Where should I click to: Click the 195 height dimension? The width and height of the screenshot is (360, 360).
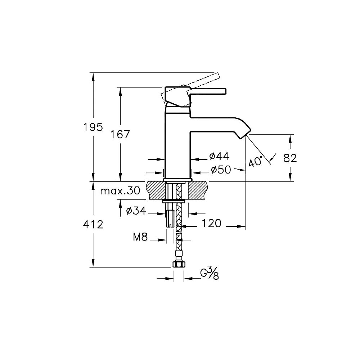pos(93,127)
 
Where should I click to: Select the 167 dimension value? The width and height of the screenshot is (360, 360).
pos(120,134)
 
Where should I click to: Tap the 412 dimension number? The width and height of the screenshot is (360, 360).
pos(93,225)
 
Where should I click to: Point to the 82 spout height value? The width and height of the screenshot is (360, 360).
pos(290,158)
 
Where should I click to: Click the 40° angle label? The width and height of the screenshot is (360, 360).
pos(256,161)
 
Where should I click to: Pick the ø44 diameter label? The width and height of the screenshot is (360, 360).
pos(219,156)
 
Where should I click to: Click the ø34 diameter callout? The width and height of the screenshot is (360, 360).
pos(136,211)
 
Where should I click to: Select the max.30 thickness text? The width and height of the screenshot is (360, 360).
pos(120,190)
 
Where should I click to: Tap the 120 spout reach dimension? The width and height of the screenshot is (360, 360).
pos(211,223)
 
